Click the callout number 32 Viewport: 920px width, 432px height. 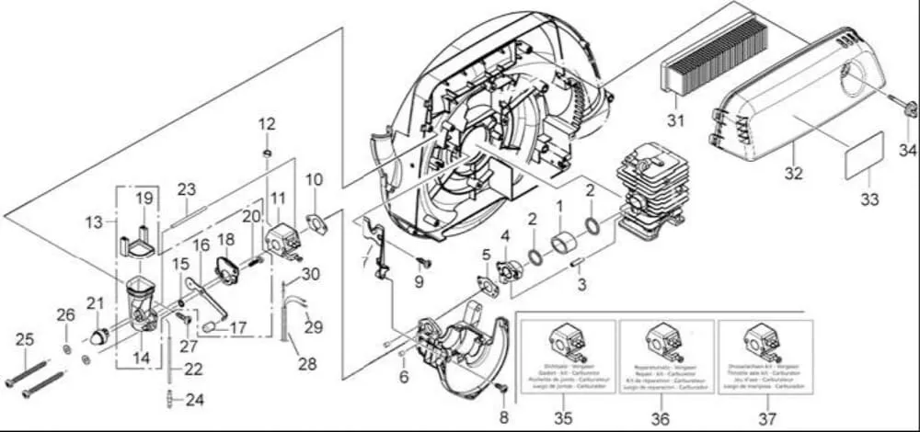[793, 173]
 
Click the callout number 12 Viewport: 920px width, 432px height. [267, 123]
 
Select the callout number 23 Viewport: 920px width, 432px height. [187, 188]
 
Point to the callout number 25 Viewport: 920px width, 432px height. [24, 339]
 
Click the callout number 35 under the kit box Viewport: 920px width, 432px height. [563, 418]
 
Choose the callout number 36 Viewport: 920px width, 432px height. [660, 418]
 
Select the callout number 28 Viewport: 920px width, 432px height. [306, 364]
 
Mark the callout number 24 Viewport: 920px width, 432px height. [194, 400]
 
